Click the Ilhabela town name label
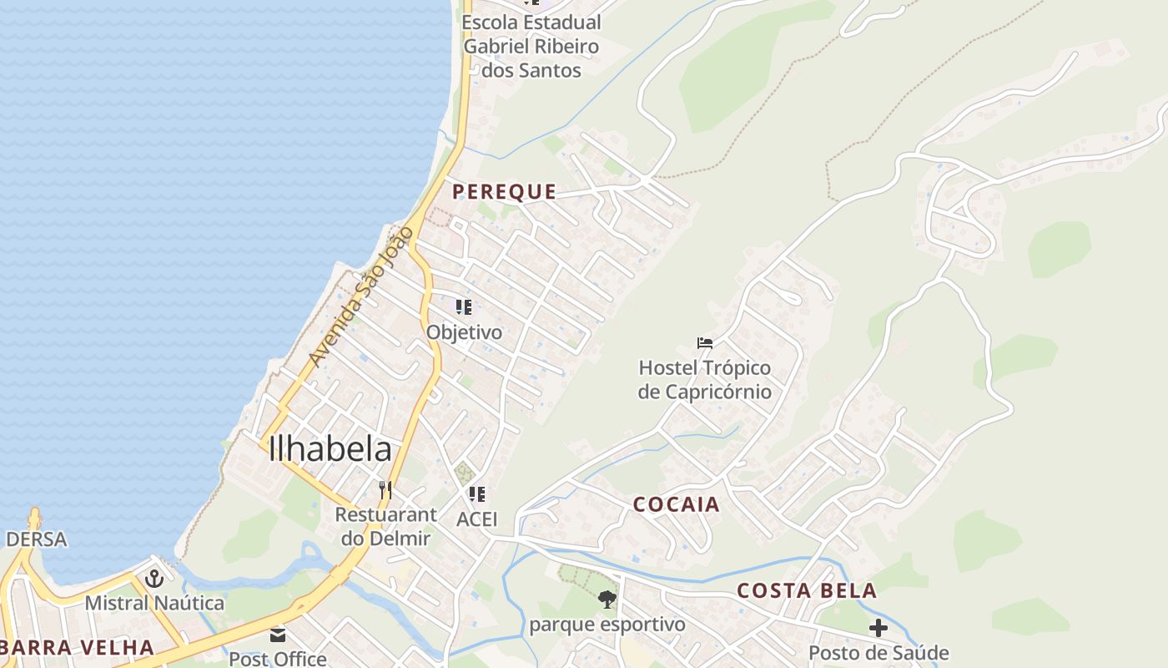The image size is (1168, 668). [330, 449]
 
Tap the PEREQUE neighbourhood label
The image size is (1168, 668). [504, 192]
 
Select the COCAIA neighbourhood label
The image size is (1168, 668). [676, 504]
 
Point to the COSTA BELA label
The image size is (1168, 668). [806, 591]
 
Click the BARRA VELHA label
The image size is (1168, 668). [77, 647]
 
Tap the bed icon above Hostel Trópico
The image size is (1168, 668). [705, 342]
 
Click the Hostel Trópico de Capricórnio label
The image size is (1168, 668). [705, 380]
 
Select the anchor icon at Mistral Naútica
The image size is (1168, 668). [154, 578]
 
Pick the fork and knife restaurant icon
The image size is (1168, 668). [385, 489]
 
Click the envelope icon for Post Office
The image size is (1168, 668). [278, 635]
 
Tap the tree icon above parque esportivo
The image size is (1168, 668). [607, 599]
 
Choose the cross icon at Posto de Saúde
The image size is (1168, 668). [878, 628]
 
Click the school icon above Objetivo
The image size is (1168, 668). [464, 307]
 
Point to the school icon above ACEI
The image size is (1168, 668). [476, 494]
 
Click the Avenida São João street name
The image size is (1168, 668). [360, 296]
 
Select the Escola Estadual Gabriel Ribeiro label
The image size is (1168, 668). [531, 46]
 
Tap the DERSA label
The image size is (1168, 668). [36, 539]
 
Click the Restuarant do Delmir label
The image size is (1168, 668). [385, 526]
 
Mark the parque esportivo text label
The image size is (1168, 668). [607, 625]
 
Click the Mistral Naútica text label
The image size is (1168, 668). [154, 603]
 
